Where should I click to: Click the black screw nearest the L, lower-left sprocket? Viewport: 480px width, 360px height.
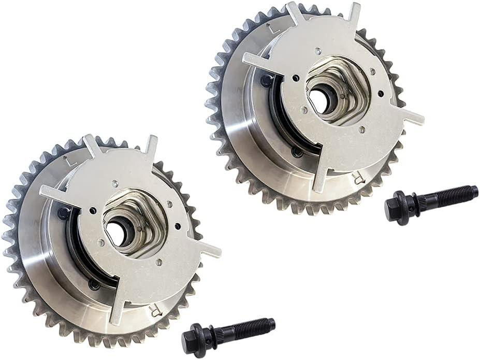point(65,212)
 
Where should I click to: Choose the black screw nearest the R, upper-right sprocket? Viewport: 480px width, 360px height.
point(297,152)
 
